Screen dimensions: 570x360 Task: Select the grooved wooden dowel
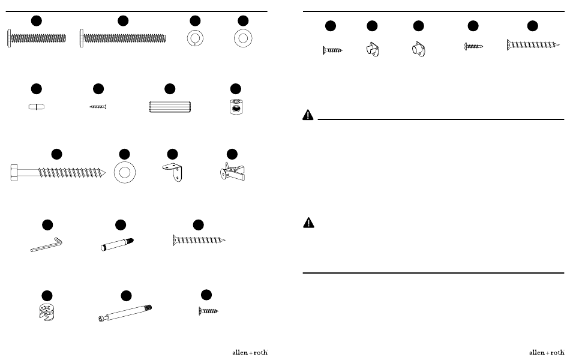click(x=170, y=107)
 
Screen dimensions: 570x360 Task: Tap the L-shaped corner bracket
click(x=173, y=172)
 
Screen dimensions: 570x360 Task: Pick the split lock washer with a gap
click(x=195, y=38)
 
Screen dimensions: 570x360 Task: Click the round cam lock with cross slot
click(x=47, y=312)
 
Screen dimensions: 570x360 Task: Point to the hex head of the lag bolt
click(x=14, y=172)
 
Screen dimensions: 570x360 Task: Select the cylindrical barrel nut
click(x=236, y=107)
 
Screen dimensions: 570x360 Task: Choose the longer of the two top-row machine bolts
click(x=123, y=38)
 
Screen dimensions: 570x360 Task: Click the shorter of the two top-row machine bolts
click(x=37, y=38)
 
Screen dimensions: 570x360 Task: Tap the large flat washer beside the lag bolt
click(x=125, y=172)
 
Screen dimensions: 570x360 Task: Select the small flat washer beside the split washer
click(x=243, y=38)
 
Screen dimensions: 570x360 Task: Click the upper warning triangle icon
click(x=308, y=115)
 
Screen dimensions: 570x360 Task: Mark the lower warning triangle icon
click(x=308, y=223)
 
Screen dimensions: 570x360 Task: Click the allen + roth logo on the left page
click(x=250, y=352)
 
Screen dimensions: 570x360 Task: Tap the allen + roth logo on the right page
click(x=547, y=352)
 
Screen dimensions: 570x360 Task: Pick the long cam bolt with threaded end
click(x=125, y=313)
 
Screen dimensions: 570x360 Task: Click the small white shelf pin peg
click(x=37, y=107)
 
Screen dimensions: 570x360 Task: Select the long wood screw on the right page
click(x=533, y=45)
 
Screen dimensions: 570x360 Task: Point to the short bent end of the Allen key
click(x=59, y=241)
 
